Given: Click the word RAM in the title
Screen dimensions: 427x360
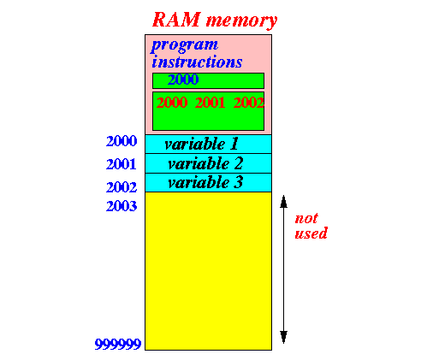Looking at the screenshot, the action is pyautogui.click(x=176, y=20).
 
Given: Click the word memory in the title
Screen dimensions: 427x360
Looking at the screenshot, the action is pyautogui.click(x=241, y=21).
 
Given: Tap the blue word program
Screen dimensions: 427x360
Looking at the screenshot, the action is pyautogui.click(x=185, y=45).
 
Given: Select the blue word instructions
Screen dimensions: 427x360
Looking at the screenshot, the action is pyautogui.click(x=197, y=62).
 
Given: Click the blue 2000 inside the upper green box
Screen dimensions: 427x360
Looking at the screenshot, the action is pyautogui.click(x=183, y=80).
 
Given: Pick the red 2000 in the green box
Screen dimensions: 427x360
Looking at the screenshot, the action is pyautogui.click(x=172, y=103).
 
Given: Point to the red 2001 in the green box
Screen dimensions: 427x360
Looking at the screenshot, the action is pyautogui.click(x=210, y=103).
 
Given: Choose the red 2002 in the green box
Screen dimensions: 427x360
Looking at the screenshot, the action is pyautogui.click(x=249, y=103).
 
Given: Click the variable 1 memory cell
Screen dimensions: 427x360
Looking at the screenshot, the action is pyautogui.click(x=208, y=145).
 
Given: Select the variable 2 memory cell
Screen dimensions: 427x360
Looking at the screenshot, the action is pyautogui.click(x=208, y=163).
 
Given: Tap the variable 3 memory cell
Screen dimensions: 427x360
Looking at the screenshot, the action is pyautogui.click(x=208, y=182).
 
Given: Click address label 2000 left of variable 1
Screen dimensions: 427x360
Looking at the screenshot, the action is pyautogui.click(x=122, y=141).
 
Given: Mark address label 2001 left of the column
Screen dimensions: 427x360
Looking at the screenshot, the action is pyautogui.click(x=122, y=164).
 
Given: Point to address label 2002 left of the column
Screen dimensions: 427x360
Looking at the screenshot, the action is pyautogui.click(x=122, y=187).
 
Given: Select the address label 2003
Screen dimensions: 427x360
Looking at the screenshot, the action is pyautogui.click(x=122, y=206).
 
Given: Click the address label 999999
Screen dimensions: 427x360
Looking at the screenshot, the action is pyautogui.click(x=118, y=345).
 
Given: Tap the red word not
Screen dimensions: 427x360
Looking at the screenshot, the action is pyautogui.click(x=306, y=219).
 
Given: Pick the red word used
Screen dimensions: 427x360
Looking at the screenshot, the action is pyautogui.click(x=311, y=233).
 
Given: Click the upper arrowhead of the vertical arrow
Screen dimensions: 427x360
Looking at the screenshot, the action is pyautogui.click(x=283, y=202).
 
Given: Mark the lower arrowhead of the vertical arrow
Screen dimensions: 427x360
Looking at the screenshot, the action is pyautogui.click(x=283, y=337).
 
